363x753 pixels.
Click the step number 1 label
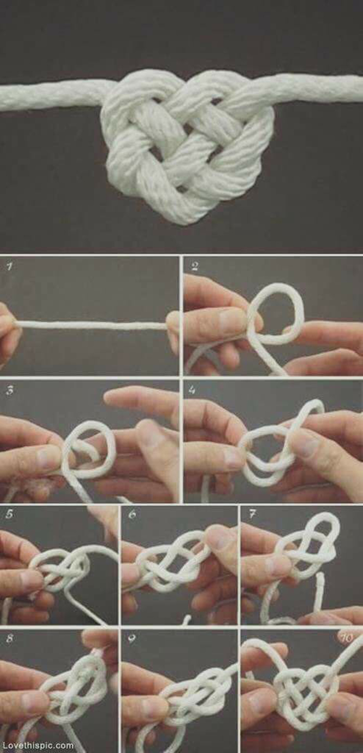pos(10,267)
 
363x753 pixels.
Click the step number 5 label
pos(9,514)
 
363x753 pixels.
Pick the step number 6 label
pos(132,514)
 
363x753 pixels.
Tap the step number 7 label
pos(252,514)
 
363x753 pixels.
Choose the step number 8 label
pos(10,638)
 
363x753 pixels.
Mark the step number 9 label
pos(132,638)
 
